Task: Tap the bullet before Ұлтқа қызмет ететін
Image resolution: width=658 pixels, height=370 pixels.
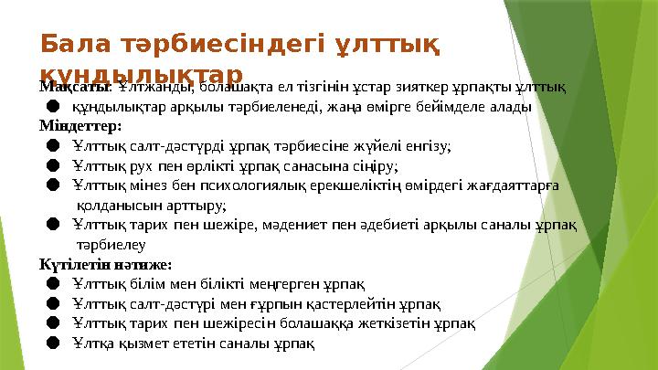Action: tap(53, 344)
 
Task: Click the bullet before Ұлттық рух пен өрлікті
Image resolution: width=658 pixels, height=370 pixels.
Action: tap(53, 165)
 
